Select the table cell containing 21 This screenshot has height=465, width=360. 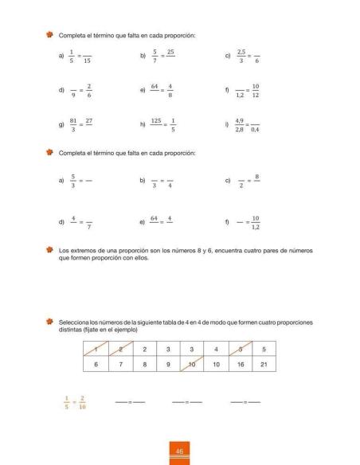click(264, 364)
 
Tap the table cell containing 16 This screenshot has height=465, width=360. click(240, 364)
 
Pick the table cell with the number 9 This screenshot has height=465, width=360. click(168, 364)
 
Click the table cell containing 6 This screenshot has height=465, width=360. click(96, 364)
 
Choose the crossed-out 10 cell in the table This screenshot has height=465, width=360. click(192, 364)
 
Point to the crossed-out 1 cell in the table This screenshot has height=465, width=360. click(96, 348)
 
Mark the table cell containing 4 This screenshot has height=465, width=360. click(216, 348)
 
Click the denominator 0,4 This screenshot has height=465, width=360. click(255, 130)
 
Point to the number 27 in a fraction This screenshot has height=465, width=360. click(89, 121)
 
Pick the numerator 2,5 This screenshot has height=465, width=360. click(241, 52)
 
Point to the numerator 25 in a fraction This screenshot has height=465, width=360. click(170, 52)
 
